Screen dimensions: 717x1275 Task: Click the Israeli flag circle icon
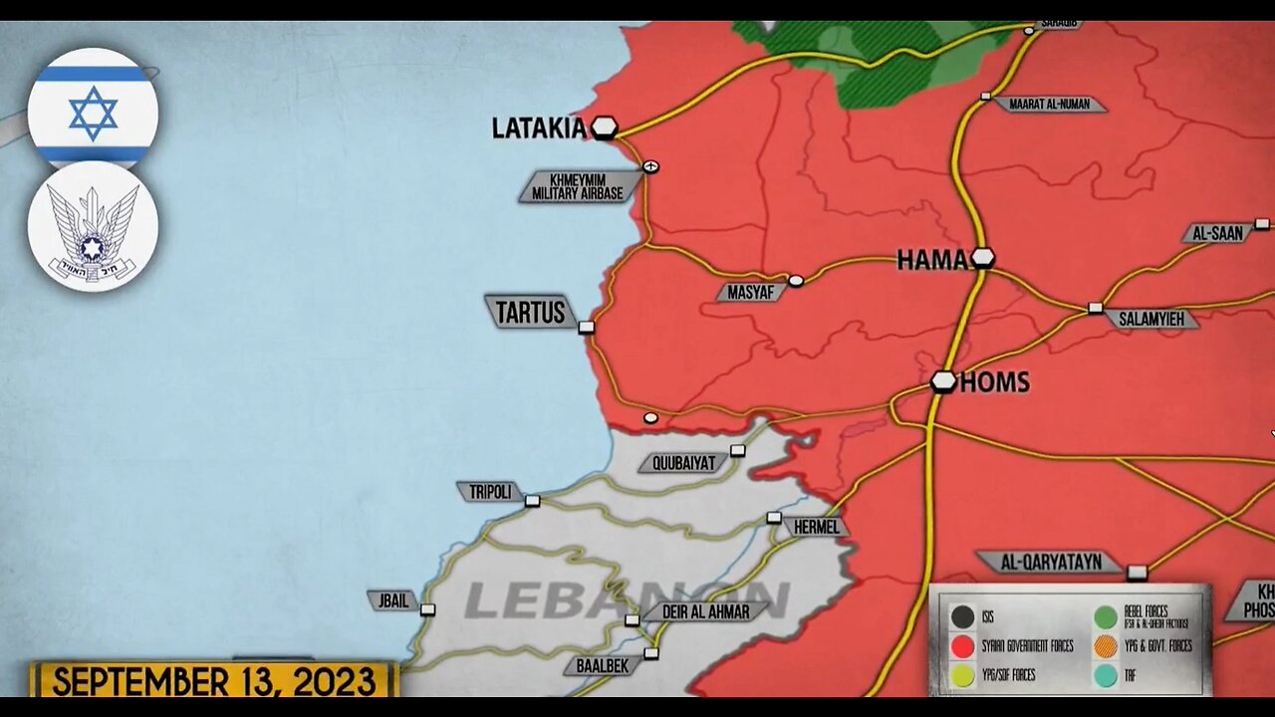click(93, 111)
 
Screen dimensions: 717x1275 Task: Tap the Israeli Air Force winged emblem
click(93, 228)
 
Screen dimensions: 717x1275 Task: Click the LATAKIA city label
click(539, 128)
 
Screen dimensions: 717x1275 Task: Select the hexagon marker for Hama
click(983, 258)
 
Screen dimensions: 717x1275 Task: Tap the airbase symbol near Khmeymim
click(650, 166)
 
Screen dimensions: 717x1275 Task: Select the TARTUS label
click(530, 313)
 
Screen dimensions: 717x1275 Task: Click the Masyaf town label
click(750, 293)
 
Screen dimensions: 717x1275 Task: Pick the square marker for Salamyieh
click(1095, 309)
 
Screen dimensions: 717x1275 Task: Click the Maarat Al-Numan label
click(1049, 105)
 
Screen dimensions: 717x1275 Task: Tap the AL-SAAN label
click(1217, 234)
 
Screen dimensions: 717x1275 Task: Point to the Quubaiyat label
click(683, 463)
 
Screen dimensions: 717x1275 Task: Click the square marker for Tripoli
click(532, 501)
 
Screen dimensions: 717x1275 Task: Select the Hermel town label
click(816, 527)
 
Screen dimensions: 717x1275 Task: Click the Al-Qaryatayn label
click(1052, 563)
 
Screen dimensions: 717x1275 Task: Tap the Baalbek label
click(603, 665)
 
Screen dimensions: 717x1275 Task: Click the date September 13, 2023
click(214, 682)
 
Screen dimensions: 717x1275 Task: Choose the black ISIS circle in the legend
click(961, 617)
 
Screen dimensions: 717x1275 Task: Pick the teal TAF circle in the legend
click(1105, 674)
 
